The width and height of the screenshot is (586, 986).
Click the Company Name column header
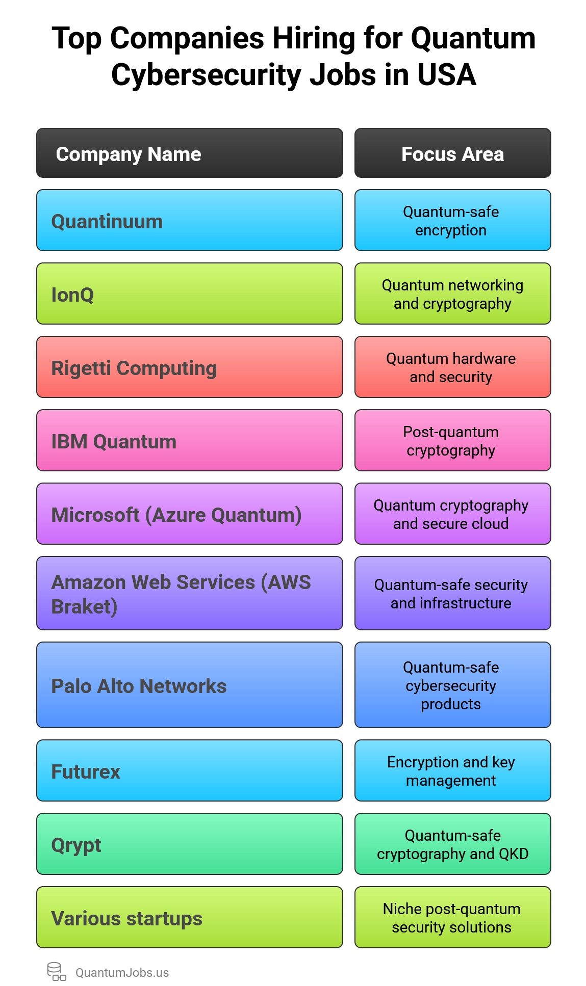[x=189, y=153]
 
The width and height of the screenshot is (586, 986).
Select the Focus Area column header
[x=452, y=153]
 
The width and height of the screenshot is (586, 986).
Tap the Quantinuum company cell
[x=189, y=221]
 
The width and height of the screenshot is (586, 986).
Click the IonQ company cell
[x=189, y=294]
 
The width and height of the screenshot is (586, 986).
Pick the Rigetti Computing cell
[x=189, y=367]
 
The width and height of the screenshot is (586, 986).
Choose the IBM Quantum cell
[x=189, y=441]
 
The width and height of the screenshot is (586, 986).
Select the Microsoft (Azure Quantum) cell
[x=189, y=514]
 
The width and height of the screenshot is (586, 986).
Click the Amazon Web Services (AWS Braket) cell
[x=189, y=594]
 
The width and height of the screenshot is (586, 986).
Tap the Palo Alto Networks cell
[x=189, y=685]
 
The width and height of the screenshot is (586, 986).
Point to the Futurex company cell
[x=189, y=771]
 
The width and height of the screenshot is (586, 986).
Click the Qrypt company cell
[x=189, y=844]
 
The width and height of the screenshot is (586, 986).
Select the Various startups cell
[x=189, y=918]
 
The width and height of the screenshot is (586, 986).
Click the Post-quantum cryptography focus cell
[x=452, y=441]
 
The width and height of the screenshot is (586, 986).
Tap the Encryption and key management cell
[x=452, y=771]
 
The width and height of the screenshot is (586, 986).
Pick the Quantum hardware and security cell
[x=452, y=367]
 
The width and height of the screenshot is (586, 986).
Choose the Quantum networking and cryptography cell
[x=452, y=294]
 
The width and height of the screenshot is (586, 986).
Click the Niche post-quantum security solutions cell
[x=452, y=918]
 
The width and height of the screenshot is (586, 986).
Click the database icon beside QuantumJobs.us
[x=56, y=972]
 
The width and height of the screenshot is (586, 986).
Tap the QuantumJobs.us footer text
[x=122, y=973]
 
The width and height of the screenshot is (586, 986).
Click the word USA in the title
[x=446, y=75]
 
